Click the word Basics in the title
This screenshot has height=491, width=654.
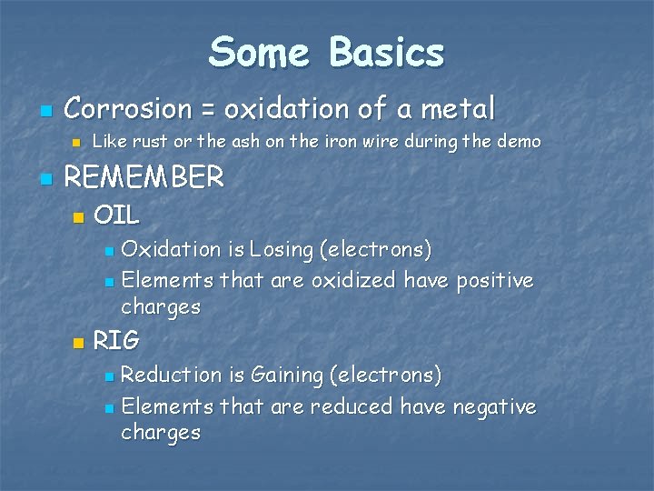[x=387, y=53]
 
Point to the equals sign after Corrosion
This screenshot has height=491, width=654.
[x=208, y=111]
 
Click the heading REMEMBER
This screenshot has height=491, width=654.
[x=144, y=177]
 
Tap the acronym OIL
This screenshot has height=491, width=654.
[x=116, y=215]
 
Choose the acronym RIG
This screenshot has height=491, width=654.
[x=116, y=341]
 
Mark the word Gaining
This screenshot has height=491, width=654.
[x=287, y=375]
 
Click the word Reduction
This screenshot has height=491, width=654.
[x=171, y=375]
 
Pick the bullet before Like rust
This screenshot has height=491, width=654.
[x=77, y=143]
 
